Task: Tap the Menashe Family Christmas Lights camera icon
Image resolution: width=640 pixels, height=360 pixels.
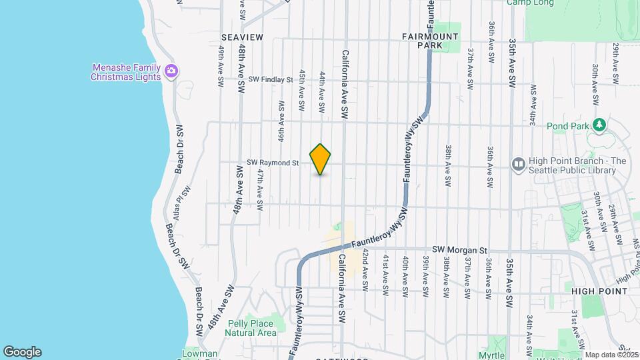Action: (x=171, y=71)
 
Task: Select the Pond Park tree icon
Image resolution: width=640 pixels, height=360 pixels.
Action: (x=599, y=125)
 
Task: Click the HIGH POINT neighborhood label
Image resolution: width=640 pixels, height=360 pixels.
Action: (x=599, y=291)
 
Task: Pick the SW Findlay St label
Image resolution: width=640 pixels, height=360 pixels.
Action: (x=271, y=79)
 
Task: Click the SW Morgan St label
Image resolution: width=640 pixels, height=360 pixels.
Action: (x=456, y=249)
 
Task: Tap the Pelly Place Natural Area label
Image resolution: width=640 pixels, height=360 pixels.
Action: (x=252, y=328)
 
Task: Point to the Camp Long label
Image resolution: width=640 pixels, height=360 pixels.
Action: (x=530, y=3)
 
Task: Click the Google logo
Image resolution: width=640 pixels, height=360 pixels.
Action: (x=22, y=352)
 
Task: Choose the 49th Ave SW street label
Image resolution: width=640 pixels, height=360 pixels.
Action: (x=220, y=67)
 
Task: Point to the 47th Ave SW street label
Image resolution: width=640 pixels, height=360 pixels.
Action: (x=261, y=187)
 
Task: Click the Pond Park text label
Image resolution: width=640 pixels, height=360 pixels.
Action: (x=566, y=125)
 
